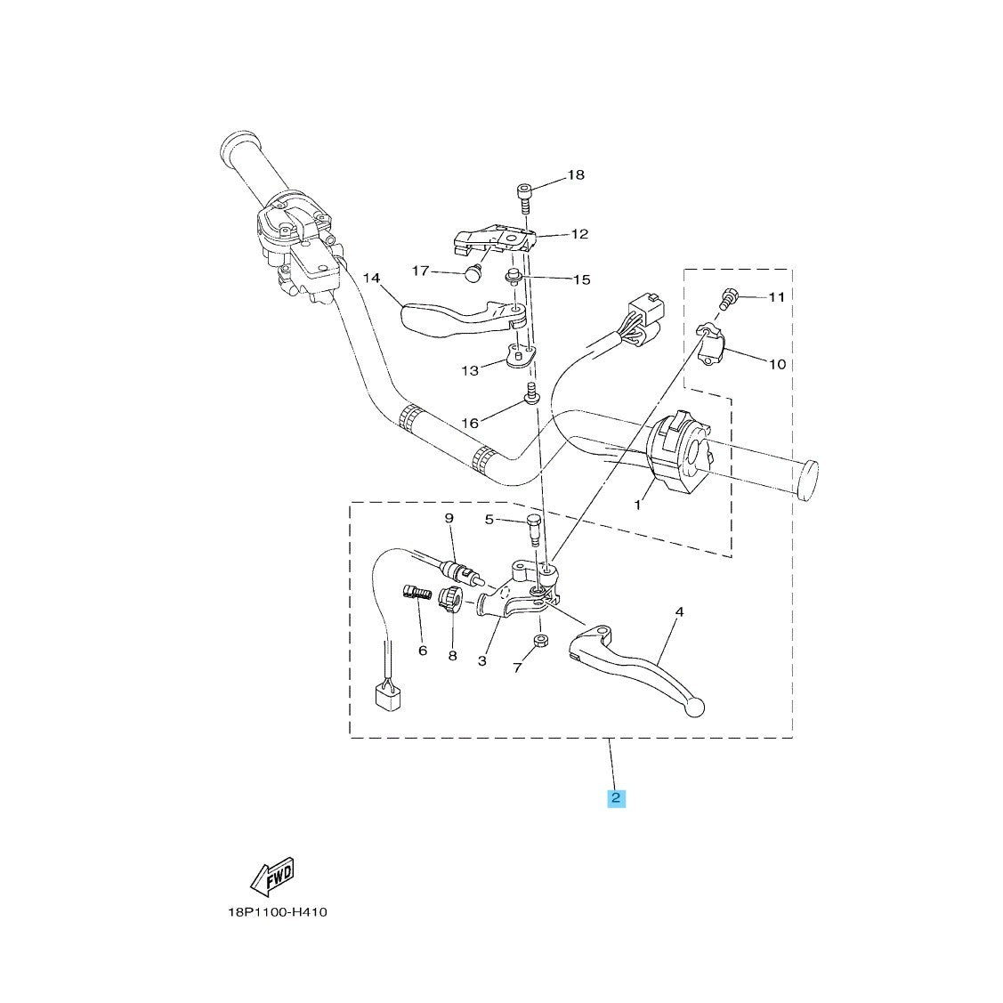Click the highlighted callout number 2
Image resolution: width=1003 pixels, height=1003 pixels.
tap(615, 797)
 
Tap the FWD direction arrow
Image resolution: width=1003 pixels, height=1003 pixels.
tap(271, 876)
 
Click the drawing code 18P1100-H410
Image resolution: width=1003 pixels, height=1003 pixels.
tap(278, 911)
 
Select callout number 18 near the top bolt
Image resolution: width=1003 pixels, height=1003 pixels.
tap(576, 174)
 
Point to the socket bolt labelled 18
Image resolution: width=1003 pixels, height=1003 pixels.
tap(524, 199)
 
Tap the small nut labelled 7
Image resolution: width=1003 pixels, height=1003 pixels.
tap(540, 641)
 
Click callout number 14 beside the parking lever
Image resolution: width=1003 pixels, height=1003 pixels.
tap(371, 278)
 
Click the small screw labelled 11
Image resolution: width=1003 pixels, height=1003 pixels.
tap(728, 299)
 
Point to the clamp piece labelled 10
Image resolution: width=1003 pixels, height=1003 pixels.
tap(709, 345)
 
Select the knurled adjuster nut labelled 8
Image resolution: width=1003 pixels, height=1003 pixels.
tap(450, 599)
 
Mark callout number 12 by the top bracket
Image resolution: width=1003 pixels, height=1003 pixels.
tap(579, 234)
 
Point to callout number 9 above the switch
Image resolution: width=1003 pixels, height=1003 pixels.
tap(449, 517)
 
